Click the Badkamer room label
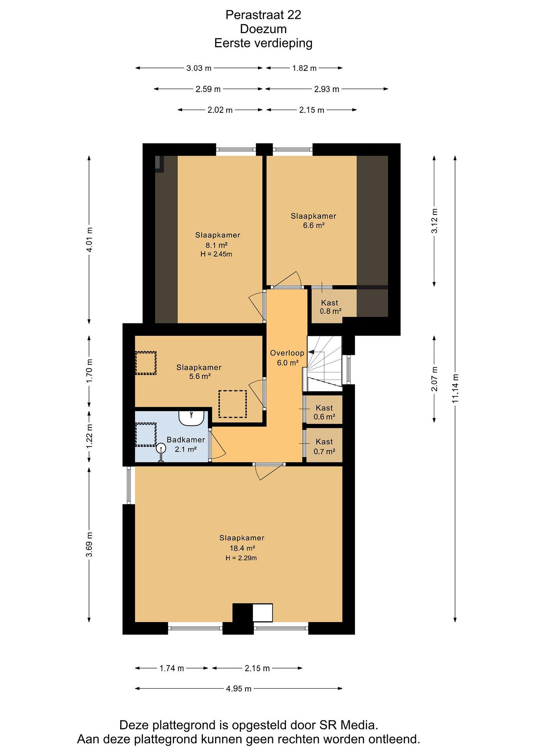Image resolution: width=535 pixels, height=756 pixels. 185,440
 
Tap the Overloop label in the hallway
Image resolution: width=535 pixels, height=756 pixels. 287,353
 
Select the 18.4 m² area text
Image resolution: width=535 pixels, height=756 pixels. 242,548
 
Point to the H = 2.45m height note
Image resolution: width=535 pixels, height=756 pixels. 216,254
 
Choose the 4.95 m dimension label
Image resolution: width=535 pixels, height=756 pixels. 238,689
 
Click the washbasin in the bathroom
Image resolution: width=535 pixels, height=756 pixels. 191,418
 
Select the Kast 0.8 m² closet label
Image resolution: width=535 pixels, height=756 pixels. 330,307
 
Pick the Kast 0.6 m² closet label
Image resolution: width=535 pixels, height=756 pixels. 324,412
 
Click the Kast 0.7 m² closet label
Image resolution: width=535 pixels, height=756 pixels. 324,447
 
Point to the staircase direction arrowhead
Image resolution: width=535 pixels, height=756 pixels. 311,352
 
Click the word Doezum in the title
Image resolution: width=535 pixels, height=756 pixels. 263,29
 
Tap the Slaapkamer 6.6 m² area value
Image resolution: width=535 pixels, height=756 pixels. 314,225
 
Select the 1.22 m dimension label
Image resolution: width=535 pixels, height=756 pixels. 89,436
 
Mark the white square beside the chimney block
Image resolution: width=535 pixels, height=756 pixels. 263,612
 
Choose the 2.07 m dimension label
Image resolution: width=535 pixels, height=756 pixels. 434,379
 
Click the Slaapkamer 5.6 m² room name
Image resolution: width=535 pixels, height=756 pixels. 199,367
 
